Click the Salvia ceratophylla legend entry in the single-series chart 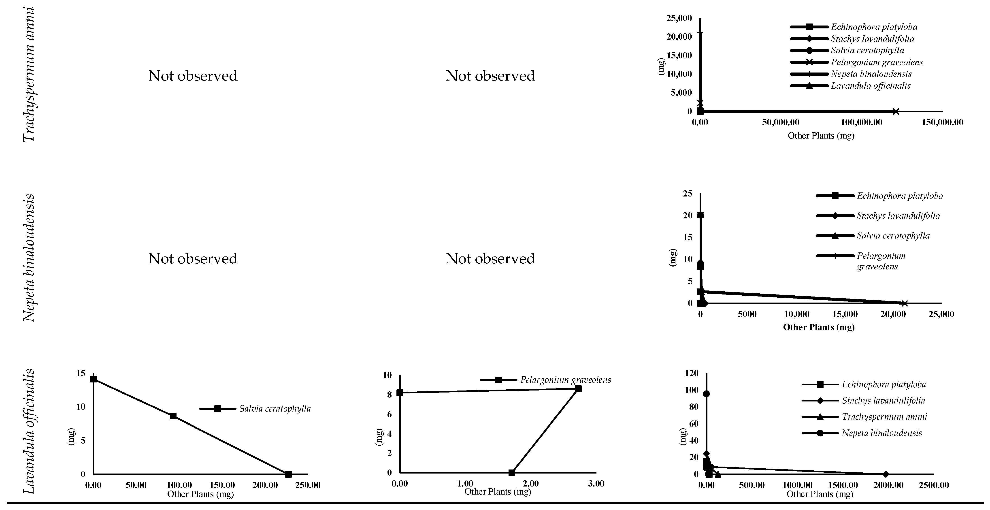tap(275, 409)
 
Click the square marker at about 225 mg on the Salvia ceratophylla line tap(288, 474)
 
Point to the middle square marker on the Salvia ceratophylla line tap(173, 416)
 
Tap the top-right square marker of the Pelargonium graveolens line tap(578, 388)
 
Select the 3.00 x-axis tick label tap(596, 483)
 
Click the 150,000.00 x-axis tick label tap(942, 123)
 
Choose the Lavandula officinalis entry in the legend tap(871, 86)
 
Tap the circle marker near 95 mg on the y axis tap(706, 394)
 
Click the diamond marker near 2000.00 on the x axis tap(886, 474)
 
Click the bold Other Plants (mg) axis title tap(819, 327)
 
